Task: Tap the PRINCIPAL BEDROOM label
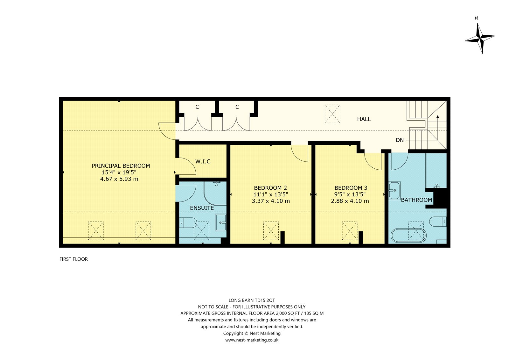[121, 166]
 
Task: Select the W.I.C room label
[203, 161]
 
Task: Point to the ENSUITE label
[202, 208]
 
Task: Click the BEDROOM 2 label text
[270, 188]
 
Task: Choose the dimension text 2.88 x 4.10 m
[350, 201]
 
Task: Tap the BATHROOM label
[416, 200]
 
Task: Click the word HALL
[364, 119]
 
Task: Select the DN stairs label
[400, 140]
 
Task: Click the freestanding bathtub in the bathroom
[408, 236]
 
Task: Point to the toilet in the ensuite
[188, 222]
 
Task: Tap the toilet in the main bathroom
[438, 221]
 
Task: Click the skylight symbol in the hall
[332, 114]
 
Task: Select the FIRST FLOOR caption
[73, 259]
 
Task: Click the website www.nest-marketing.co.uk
[252, 340]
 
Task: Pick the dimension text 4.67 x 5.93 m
[119, 179]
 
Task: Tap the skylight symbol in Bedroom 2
[271, 230]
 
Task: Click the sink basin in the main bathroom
[394, 191]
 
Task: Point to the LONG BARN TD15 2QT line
[252, 300]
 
